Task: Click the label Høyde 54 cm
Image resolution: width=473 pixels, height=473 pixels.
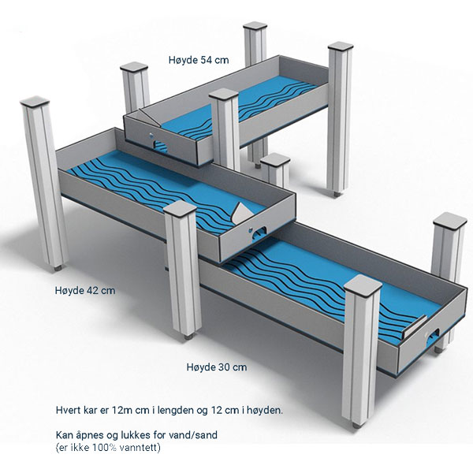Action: pos(199,60)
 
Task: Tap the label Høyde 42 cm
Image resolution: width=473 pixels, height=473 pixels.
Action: pos(85,290)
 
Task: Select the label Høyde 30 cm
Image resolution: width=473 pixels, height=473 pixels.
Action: pos(217,367)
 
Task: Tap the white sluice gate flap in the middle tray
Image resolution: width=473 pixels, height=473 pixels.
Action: pos(243,212)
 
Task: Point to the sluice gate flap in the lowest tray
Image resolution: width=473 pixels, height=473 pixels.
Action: pos(415,326)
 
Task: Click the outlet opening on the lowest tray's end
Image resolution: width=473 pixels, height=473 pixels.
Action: pos(433,336)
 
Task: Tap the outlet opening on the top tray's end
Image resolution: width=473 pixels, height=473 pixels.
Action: pos(160,145)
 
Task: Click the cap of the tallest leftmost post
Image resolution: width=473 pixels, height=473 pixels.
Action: pos(35,102)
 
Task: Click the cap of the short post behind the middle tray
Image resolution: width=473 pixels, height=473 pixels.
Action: pos(275,159)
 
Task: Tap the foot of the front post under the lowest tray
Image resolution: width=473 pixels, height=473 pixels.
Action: pos(357,426)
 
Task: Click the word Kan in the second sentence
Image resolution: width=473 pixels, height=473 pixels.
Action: pos(65,435)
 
